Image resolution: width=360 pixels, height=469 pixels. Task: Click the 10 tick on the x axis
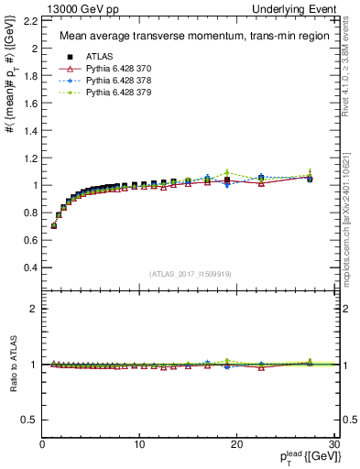point(139,444)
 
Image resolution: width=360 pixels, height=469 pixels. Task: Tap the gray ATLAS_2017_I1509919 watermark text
point(190,274)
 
